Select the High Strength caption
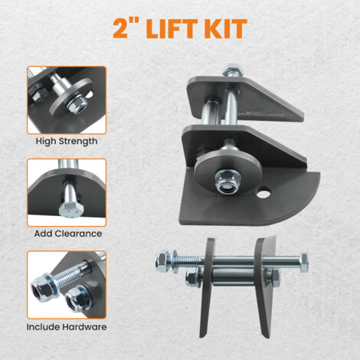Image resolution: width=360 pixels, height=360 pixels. click(x=67, y=142)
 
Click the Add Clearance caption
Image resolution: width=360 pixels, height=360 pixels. click(x=67, y=234)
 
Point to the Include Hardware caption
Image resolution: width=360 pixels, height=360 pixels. click(x=67, y=326)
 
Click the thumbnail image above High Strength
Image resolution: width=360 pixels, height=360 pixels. click(x=67, y=100)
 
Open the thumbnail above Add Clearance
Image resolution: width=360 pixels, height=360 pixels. click(x=67, y=191)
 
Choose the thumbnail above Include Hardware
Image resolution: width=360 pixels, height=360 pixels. click(x=67, y=284)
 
